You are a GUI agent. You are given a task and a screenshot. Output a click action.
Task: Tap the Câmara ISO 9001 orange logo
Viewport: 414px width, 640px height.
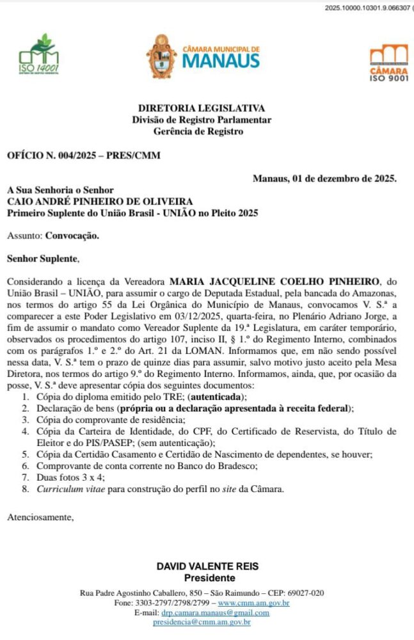click(x=388, y=62)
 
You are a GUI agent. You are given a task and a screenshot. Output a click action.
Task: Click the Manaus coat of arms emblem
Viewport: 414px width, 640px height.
click(x=161, y=57)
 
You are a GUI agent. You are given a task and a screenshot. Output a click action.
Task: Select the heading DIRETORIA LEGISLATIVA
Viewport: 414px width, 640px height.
click(x=202, y=109)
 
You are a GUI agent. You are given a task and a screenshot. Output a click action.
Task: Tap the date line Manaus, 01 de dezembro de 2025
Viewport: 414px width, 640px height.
click(x=324, y=179)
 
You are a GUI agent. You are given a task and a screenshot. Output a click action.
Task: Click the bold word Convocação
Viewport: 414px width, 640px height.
click(x=72, y=236)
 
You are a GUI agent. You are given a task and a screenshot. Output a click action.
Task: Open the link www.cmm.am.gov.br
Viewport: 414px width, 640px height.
click(x=254, y=603)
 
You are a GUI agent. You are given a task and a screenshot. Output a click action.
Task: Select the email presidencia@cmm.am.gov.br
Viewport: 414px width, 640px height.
click(x=202, y=622)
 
